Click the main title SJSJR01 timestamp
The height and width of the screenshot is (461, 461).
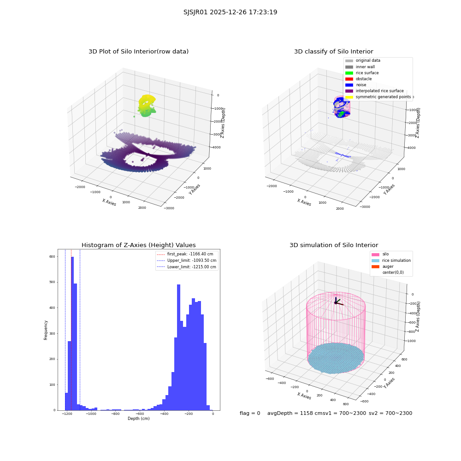pos(230,12)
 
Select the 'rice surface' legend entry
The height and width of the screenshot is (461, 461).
pos(361,73)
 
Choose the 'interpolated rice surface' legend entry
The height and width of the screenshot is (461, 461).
pos(374,91)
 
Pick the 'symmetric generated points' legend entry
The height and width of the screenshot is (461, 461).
pos(378,97)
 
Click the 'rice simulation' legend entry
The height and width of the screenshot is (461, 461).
pos(391,260)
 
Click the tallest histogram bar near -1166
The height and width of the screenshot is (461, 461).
pos(72,333)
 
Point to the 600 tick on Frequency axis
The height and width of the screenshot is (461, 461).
pos(52,257)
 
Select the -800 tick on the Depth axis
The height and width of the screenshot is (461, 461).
pos(116,414)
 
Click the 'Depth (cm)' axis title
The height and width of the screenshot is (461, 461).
pos(139,419)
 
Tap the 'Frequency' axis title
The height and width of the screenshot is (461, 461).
pos(46,330)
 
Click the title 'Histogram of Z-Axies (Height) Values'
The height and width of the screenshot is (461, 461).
pos(138,245)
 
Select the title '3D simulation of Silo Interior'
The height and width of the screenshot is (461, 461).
pos(334,245)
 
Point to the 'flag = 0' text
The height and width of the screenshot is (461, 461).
pos(250,414)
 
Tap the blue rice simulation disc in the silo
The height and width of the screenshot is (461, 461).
pos(336,358)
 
